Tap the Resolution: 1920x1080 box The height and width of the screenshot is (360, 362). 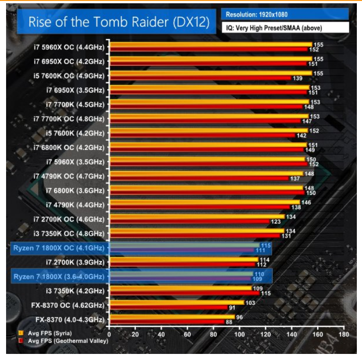pyautogui.click(x=285, y=14)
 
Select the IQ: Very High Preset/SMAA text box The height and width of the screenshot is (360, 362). pyautogui.click(x=285, y=28)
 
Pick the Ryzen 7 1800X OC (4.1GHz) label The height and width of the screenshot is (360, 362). pyautogui.click(x=59, y=248)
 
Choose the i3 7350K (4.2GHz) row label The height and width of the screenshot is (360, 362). pyautogui.click(x=75, y=291)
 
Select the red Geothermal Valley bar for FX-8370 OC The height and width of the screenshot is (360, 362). pyautogui.click(x=168, y=308)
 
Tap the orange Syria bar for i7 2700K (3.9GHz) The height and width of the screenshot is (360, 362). pyautogui.click(x=183, y=259)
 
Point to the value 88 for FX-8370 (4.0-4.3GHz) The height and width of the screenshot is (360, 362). pyautogui.click(x=229, y=323)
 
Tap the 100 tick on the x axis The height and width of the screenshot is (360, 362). pyautogui.click(x=239, y=334)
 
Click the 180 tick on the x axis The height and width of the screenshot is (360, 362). pyautogui.click(x=344, y=334)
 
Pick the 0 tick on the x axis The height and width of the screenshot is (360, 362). pyautogui.click(x=109, y=334)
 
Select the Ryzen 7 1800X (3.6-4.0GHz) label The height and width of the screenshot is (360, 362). pyautogui.click(x=58, y=276)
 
